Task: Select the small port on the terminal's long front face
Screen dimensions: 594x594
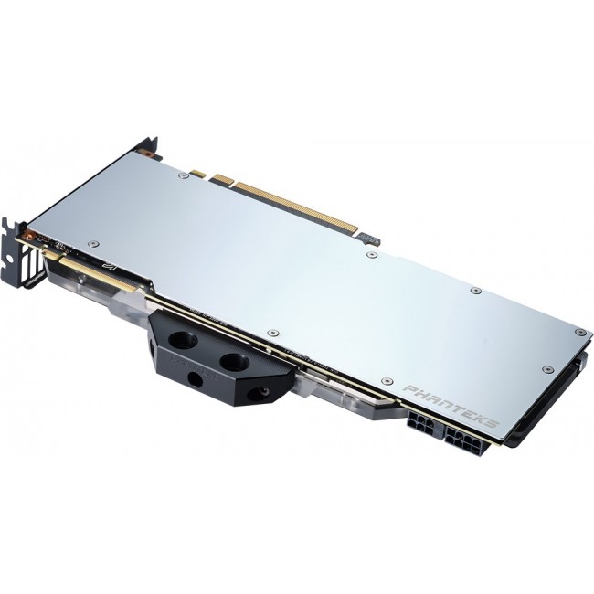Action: point(194,377)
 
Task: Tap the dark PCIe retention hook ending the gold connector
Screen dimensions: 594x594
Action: point(367,239)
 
